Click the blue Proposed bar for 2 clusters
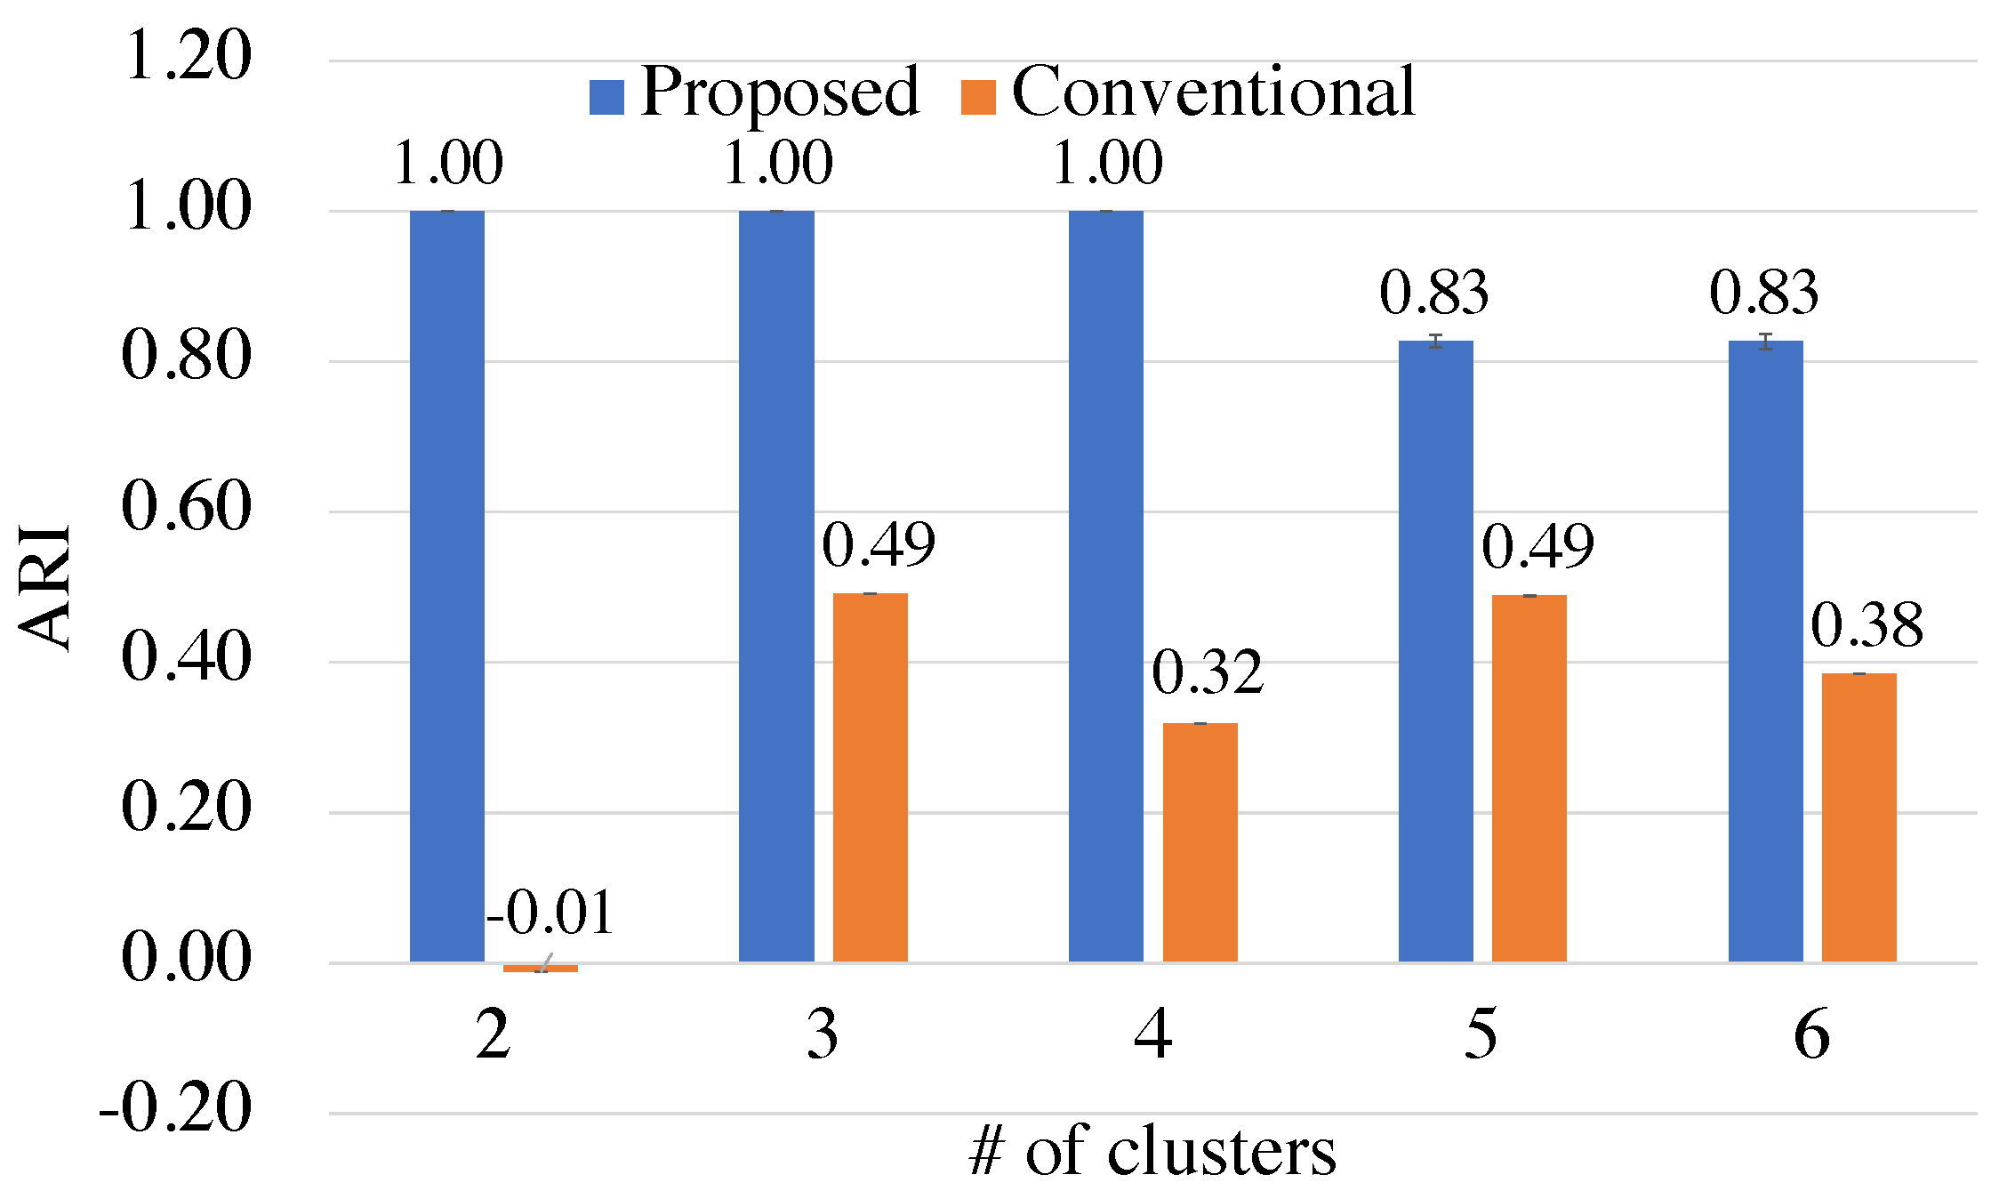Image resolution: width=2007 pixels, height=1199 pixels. click(447, 587)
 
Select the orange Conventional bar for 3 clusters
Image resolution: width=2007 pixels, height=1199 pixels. click(870, 778)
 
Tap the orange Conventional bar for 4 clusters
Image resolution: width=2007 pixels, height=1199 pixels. click(1200, 843)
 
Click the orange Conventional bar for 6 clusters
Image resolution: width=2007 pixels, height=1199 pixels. click(1858, 818)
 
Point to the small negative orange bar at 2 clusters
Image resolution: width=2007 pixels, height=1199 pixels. click(540, 968)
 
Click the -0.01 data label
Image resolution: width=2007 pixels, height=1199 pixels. click(550, 913)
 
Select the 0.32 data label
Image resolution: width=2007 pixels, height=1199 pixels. click(1207, 672)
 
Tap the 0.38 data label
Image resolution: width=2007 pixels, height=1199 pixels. click(1867, 625)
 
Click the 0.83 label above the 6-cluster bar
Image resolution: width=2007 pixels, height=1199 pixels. click(1764, 293)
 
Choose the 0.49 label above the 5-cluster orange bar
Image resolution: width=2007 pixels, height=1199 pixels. click(1537, 546)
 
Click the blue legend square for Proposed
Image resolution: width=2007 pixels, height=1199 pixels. click(606, 97)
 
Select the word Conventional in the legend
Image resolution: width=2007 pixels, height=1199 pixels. click(1213, 92)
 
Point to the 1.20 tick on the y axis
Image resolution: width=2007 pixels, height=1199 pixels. click(187, 56)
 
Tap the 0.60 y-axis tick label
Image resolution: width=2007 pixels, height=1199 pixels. click(187, 507)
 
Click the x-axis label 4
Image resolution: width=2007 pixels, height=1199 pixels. click(1152, 1034)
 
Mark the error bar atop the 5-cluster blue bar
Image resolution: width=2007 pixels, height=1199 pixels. click(1435, 341)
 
